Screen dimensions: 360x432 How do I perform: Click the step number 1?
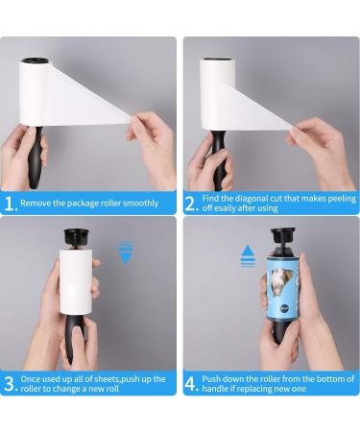point(11,204)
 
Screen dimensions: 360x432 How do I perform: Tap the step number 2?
point(191,204)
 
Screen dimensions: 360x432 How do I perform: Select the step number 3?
point(11,384)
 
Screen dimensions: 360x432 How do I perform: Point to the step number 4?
point(191,384)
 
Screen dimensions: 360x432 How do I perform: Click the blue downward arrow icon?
point(126,252)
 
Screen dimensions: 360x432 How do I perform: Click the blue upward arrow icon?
point(248,256)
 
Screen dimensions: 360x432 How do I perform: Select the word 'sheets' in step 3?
point(107,379)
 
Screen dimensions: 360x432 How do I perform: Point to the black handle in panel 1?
point(36,157)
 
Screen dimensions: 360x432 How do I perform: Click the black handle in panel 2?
point(219,160)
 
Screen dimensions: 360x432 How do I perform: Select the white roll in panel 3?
point(76,281)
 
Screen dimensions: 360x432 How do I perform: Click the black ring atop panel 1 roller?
point(36,60)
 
